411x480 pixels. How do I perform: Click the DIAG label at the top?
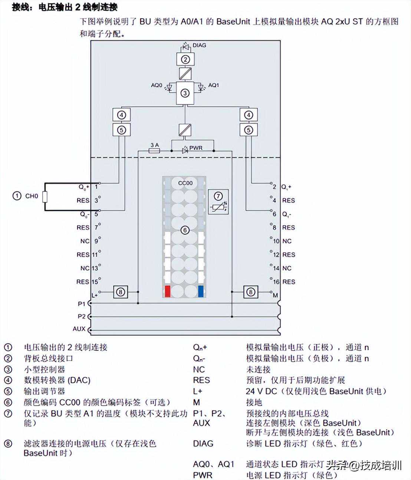coord(199,45)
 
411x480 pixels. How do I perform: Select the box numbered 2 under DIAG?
coord(185,59)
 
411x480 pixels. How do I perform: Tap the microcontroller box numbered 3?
coord(185,93)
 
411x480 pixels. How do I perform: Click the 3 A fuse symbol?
coord(154,151)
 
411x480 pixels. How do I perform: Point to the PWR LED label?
coord(196,148)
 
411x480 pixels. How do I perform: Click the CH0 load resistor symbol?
coord(45,197)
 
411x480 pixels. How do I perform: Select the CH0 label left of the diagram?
coord(32,196)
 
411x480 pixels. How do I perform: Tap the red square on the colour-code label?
coord(167,291)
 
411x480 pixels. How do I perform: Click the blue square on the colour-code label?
coord(201,291)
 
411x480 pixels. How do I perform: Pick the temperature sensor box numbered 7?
coord(218,202)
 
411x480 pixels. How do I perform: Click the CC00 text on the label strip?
coord(185,183)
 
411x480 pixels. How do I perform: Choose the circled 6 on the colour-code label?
coord(185,230)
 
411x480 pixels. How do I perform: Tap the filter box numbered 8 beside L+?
coord(121,292)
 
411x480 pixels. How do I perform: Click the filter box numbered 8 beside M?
coord(250,292)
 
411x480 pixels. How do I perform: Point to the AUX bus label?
coord(79,329)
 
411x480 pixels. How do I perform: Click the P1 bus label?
coord(82,304)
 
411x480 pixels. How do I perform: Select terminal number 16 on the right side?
coord(276,282)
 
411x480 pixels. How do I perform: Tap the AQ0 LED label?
coord(157,85)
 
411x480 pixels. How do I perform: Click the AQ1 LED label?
coord(213,85)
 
